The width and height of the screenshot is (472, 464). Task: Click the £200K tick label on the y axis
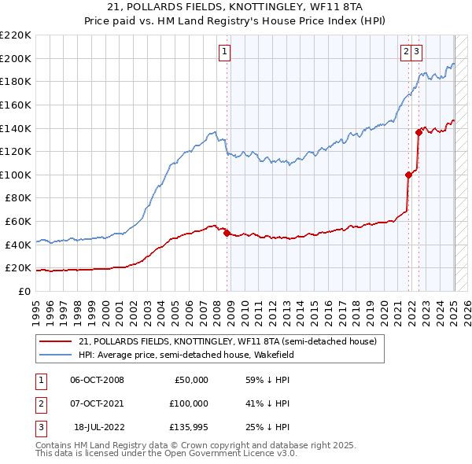click(x=17, y=58)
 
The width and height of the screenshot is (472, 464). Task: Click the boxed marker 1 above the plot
click(x=224, y=53)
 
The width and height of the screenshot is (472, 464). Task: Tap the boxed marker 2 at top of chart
click(x=406, y=53)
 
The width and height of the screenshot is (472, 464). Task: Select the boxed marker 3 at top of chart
click(x=416, y=53)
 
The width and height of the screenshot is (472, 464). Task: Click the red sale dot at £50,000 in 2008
click(x=227, y=233)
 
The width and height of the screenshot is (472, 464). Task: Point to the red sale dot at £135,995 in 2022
click(x=419, y=132)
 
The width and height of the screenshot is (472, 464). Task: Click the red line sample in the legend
click(x=55, y=341)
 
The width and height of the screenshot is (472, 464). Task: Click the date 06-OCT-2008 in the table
click(x=97, y=380)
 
